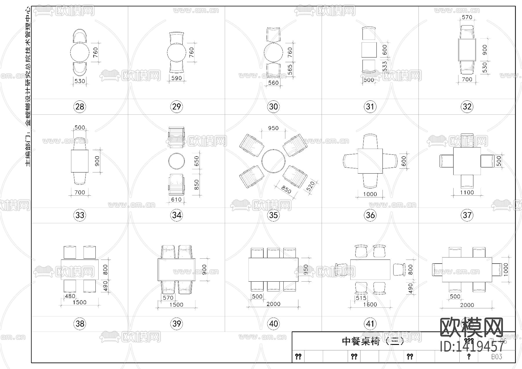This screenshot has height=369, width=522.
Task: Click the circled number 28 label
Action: point(80,107)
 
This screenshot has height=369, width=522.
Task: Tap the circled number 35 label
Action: point(273,215)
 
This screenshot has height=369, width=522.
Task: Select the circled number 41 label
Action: point(370,324)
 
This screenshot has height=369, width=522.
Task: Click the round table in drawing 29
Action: point(176,52)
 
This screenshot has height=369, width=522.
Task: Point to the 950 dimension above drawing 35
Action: point(273,128)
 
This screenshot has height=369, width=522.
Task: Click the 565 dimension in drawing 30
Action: point(290,70)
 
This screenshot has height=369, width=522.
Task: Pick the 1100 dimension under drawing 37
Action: point(467,192)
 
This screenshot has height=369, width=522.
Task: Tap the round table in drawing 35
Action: point(273,161)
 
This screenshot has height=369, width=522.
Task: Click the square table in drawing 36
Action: point(370,161)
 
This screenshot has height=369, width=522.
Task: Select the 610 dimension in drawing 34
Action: point(176,199)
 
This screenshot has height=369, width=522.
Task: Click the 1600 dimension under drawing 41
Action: point(370,304)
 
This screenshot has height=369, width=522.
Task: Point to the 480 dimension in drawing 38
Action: point(70,296)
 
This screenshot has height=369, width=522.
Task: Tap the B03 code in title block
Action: point(496,356)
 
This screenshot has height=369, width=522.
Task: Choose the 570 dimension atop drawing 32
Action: point(467,17)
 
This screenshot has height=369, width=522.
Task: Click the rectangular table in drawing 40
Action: point(273,270)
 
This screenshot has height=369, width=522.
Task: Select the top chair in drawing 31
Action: point(369,33)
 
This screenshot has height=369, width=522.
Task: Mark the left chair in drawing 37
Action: point(447,161)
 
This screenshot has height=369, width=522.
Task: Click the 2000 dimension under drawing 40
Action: point(273,304)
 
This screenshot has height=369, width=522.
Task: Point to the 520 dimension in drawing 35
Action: point(310,186)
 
